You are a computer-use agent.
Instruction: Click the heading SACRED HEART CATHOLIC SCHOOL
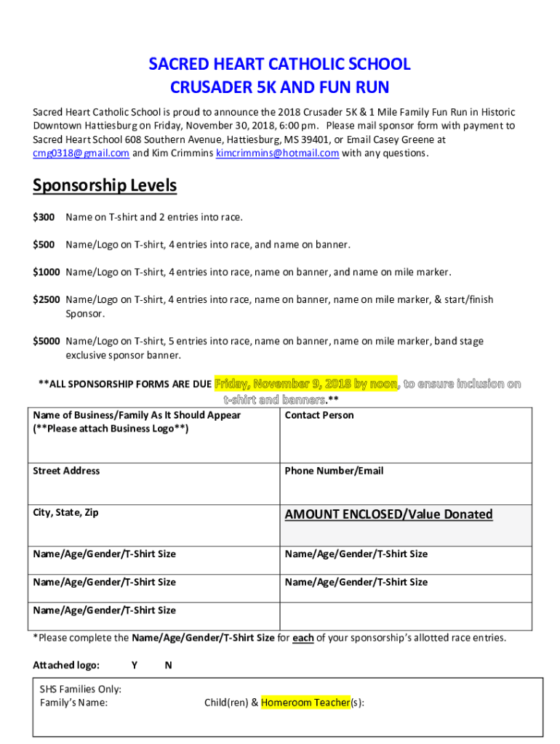tap(279, 65)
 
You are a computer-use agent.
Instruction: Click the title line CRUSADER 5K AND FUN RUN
tap(279, 88)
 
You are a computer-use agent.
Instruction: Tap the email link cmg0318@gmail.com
tap(81, 153)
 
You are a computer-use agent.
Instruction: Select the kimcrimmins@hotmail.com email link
tap(278, 153)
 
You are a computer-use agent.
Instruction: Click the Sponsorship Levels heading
tap(105, 186)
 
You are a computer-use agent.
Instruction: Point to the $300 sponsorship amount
tap(44, 217)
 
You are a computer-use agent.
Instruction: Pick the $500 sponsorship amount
tap(44, 245)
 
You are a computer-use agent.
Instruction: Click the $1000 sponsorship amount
tap(47, 272)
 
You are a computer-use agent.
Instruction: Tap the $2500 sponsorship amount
tap(47, 299)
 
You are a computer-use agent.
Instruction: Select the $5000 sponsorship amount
tap(47, 341)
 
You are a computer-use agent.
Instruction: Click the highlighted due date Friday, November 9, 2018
tap(305, 384)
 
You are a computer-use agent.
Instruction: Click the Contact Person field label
tap(319, 416)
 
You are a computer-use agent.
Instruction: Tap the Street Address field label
tap(66, 471)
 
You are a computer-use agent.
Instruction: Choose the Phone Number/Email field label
tap(334, 471)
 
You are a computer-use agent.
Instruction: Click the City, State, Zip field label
tap(65, 513)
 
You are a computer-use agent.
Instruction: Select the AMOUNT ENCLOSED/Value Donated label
tap(388, 514)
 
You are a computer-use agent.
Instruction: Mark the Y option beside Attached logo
tap(135, 666)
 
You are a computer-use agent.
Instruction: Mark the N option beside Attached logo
tap(169, 666)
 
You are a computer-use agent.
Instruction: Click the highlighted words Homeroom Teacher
tap(305, 703)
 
